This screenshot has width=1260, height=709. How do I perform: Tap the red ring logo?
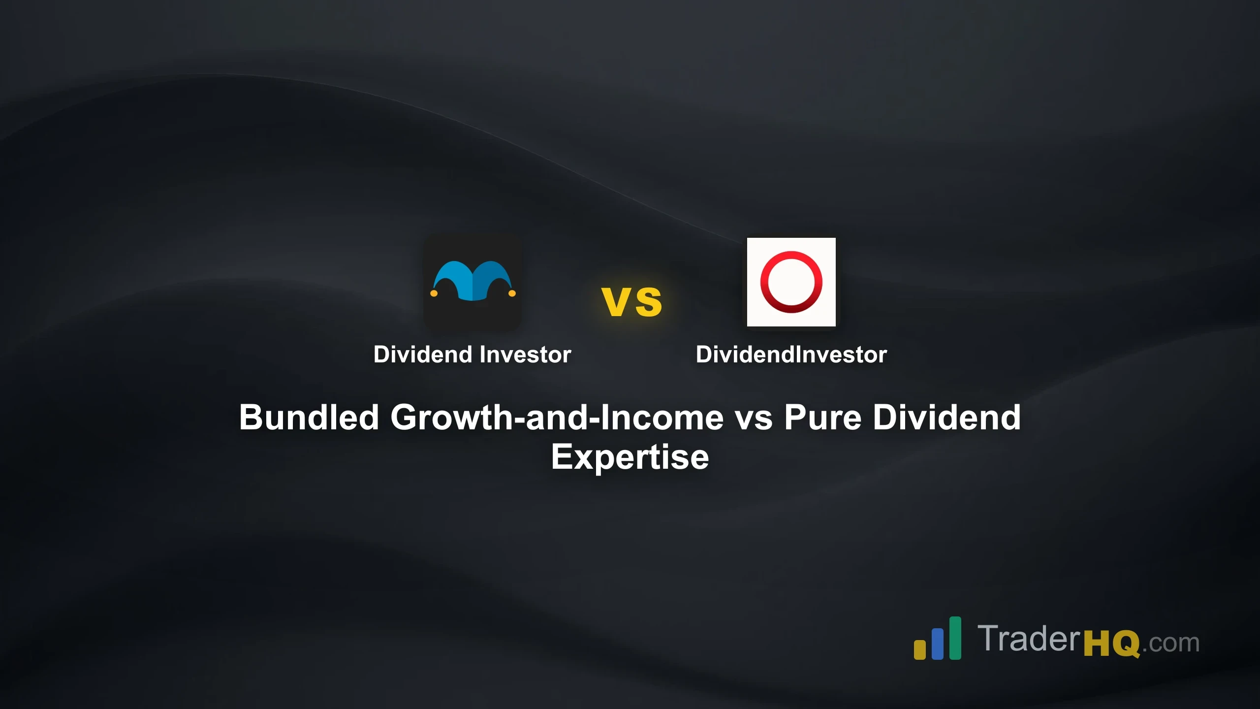(x=791, y=282)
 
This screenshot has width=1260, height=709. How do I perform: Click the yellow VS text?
(x=632, y=301)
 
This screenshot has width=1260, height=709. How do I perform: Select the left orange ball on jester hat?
(x=434, y=293)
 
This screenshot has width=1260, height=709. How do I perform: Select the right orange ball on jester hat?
(x=512, y=293)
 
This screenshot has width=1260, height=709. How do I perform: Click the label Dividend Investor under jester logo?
(x=472, y=354)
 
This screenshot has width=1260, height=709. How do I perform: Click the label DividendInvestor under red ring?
(x=791, y=354)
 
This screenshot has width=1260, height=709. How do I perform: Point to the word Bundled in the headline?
(x=309, y=418)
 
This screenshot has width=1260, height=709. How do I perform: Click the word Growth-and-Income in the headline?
(x=557, y=418)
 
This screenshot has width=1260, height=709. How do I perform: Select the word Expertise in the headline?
(x=630, y=457)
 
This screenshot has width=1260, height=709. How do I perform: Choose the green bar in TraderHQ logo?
(x=955, y=638)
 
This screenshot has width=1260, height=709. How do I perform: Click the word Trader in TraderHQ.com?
(x=1029, y=639)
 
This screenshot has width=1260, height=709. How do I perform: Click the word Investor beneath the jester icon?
(x=525, y=354)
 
